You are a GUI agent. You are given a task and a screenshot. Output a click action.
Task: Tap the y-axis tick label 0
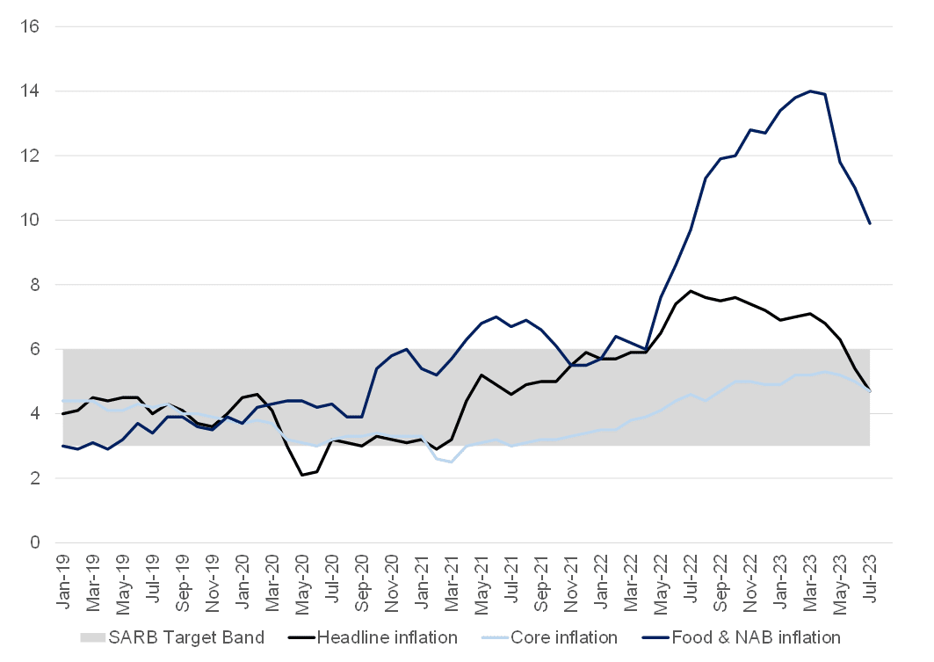tap(36, 543)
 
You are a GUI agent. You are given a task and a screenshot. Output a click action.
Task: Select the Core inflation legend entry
tap(564, 637)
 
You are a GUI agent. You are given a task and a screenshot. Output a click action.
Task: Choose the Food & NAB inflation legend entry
tap(755, 637)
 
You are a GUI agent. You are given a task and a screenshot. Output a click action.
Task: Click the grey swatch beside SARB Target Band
tap(91, 637)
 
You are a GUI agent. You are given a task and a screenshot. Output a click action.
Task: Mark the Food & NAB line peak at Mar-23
tap(809, 91)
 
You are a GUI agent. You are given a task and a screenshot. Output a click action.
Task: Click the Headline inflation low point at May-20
tap(302, 475)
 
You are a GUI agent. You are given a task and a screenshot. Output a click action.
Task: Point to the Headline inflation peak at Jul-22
tap(691, 291)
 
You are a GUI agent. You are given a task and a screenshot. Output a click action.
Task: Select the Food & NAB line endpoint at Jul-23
tap(870, 224)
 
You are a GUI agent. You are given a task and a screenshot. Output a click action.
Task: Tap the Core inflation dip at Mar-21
tap(452, 462)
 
